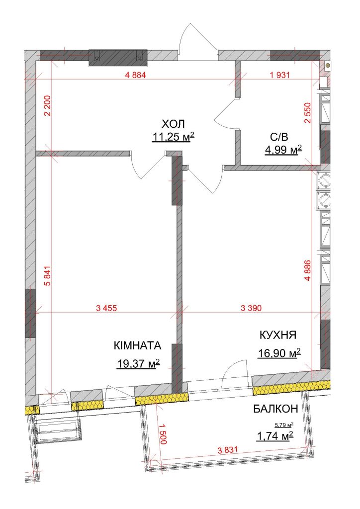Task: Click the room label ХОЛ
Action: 173,124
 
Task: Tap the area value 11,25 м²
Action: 173,137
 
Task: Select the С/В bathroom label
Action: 279,137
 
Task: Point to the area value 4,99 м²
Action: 283,150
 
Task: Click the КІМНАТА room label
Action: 138,345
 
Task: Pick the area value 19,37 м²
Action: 139,364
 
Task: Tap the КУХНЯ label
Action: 278,335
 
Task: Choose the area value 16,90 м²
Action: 279,353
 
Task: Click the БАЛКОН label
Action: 275,409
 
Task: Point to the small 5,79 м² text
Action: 284,424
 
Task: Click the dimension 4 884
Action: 135,75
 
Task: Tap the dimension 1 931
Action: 279,75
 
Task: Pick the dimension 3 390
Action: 251,308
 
